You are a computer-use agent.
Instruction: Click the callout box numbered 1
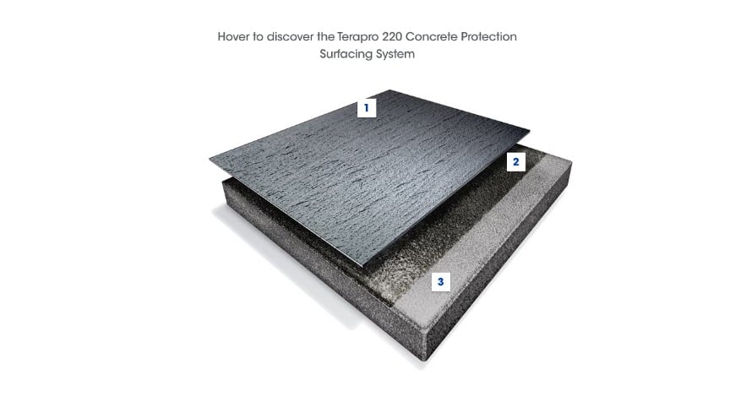(367, 108)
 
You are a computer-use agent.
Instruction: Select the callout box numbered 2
(516, 161)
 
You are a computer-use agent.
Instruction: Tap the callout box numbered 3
(441, 282)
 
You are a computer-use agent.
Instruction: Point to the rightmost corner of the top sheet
(530, 131)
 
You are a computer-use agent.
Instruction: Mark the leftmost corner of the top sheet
(210, 159)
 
